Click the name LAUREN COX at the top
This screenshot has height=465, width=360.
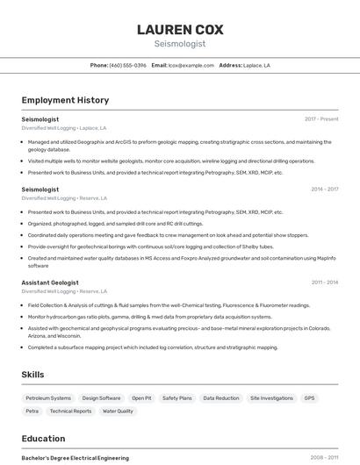[180, 29]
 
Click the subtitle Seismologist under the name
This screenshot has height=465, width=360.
[180, 43]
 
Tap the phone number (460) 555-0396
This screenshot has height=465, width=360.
[128, 65]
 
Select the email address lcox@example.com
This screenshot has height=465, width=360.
[191, 65]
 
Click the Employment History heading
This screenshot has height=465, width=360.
[65, 100]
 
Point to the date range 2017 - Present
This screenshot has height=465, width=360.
[321, 118]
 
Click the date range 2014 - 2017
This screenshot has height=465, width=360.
[324, 189]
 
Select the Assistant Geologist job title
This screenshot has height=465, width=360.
[50, 282]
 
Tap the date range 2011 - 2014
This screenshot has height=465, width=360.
[324, 282]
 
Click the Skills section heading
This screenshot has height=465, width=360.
[32, 375]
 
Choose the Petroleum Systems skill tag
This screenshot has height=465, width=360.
[48, 398]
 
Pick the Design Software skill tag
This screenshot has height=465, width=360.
[102, 398]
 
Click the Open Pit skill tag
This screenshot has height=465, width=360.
[141, 398]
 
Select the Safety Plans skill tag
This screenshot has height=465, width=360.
[176, 398]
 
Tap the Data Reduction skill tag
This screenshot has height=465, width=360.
[220, 398]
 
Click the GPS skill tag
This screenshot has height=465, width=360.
[309, 398]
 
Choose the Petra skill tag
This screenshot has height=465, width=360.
[32, 411]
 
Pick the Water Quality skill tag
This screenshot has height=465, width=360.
[118, 411]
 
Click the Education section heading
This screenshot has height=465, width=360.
[43, 439]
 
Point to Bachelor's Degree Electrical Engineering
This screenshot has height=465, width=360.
[75, 458]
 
